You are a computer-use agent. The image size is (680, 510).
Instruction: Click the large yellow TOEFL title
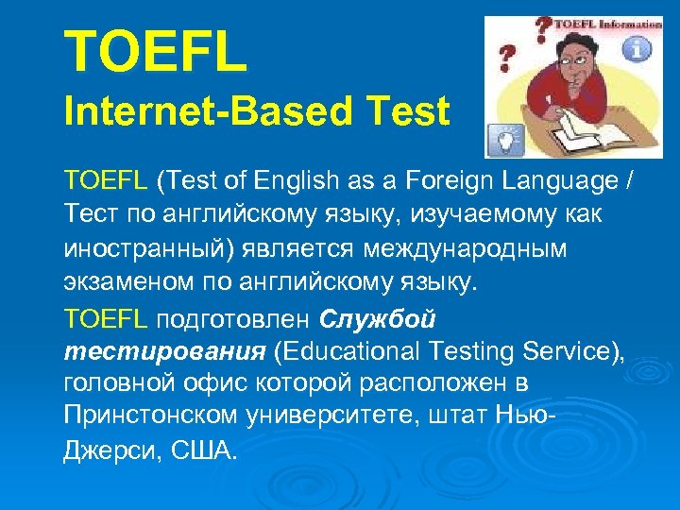[155, 53]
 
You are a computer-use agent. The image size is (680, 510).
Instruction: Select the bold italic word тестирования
[163, 352]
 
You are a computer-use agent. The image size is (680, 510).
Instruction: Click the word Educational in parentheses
[360, 352]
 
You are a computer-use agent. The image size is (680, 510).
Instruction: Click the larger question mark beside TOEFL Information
[544, 31]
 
